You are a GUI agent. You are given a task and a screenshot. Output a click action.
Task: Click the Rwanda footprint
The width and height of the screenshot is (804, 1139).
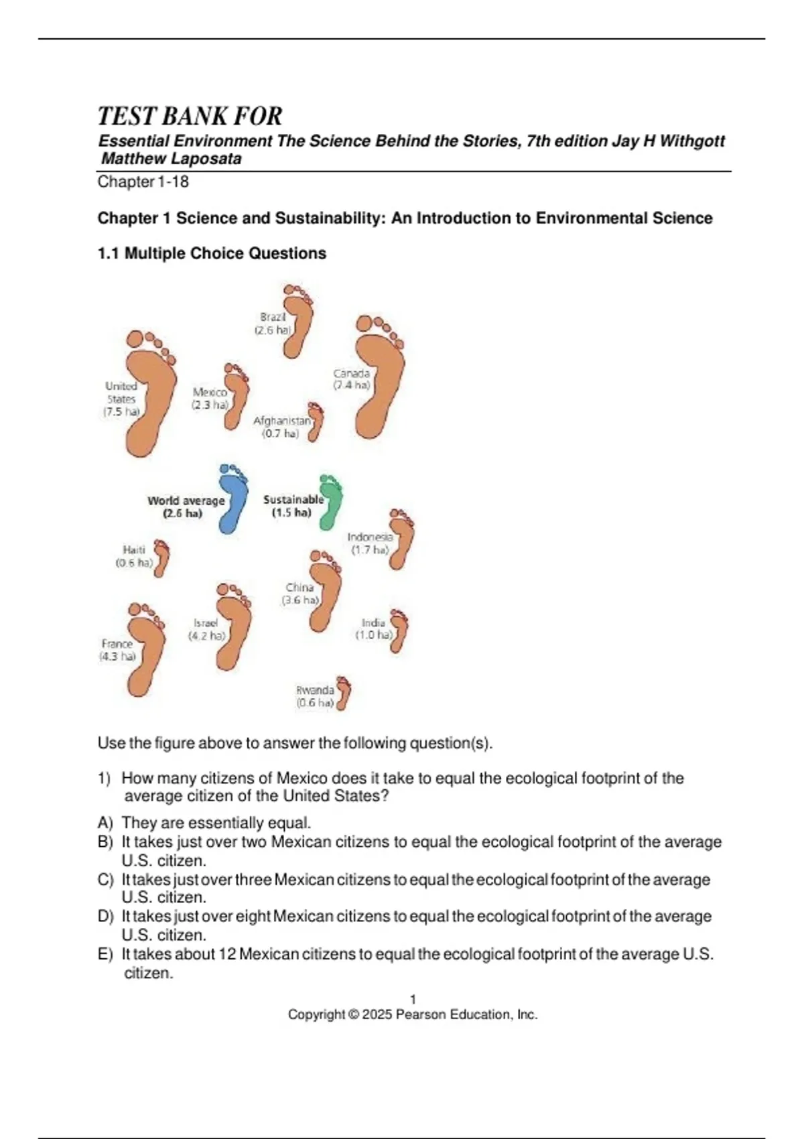[x=344, y=693]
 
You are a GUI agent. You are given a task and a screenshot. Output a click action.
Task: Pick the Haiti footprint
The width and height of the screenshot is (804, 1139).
[x=161, y=558]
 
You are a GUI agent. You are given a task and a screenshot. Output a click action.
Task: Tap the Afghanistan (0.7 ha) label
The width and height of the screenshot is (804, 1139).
[x=282, y=427]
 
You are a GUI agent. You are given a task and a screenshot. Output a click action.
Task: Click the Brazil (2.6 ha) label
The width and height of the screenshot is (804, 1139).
[x=273, y=323]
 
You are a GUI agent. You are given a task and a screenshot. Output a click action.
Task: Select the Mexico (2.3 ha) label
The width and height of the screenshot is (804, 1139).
[x=210, y=398]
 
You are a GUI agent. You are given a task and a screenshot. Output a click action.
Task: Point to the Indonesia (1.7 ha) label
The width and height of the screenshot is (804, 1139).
[x=370, y=543]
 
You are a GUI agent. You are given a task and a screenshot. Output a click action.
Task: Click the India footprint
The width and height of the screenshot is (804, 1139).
[x=399, y=631]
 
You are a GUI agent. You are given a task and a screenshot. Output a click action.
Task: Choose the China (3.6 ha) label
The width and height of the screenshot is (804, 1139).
[x=299, y=594]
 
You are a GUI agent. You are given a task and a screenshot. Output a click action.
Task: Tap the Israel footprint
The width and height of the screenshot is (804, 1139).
[x=234, y=626]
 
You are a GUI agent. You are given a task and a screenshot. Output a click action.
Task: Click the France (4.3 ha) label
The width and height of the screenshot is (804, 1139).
[x=117, y=650]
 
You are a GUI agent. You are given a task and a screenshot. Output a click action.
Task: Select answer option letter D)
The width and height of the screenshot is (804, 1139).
[x=105, y=916]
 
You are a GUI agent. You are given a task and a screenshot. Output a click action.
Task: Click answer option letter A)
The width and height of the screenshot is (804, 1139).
[x=105, y=823]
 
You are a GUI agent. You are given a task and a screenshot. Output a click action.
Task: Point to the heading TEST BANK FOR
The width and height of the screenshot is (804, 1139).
[x=190, y=117]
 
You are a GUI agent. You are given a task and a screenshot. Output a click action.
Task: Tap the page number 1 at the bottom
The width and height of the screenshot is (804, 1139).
[x=413, y=999]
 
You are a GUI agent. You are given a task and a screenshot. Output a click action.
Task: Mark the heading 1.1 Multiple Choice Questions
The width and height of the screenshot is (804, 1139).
[x=212, y=253]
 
